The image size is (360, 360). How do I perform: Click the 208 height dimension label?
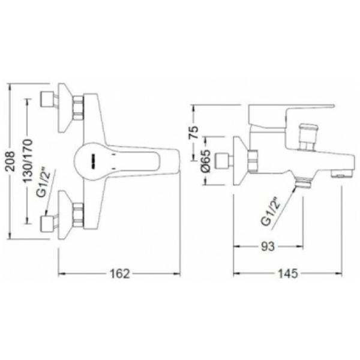[x=11, y=161]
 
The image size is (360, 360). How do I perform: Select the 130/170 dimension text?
[x=28, y=160]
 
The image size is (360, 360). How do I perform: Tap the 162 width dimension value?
[x=120, y=274]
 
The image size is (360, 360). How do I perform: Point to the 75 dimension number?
[x=194, y=132]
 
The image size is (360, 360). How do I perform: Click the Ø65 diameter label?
[x=205, y=161]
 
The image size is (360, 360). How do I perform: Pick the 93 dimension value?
[x=268, y=247]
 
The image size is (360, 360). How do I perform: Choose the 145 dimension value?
[x=288, y=274]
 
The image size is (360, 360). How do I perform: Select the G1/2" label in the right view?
[x=271, y=211]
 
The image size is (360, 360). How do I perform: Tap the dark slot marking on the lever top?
[x=94, y=161]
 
